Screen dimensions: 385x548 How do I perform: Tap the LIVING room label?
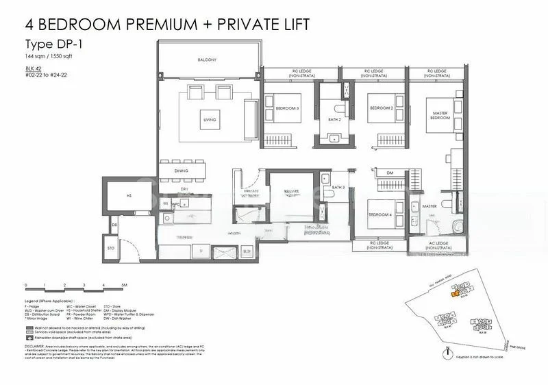pyautogui.click(x=210, y=120)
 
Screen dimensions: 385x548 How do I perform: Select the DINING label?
pyautogui.click(x=181, y=171)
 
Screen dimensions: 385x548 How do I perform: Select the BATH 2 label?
pyautogui.click(x=334, y=119)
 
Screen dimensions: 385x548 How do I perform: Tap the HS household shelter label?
pyautogui.click(x=128, y=195)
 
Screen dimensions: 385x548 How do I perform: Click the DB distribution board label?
pyautogui.click(x=115, y=224)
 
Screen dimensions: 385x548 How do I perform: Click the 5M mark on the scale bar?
pyautogui.click(x=124, y=284)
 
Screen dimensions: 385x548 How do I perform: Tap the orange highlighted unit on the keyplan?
pyautogui.click(x=455, y=294)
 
